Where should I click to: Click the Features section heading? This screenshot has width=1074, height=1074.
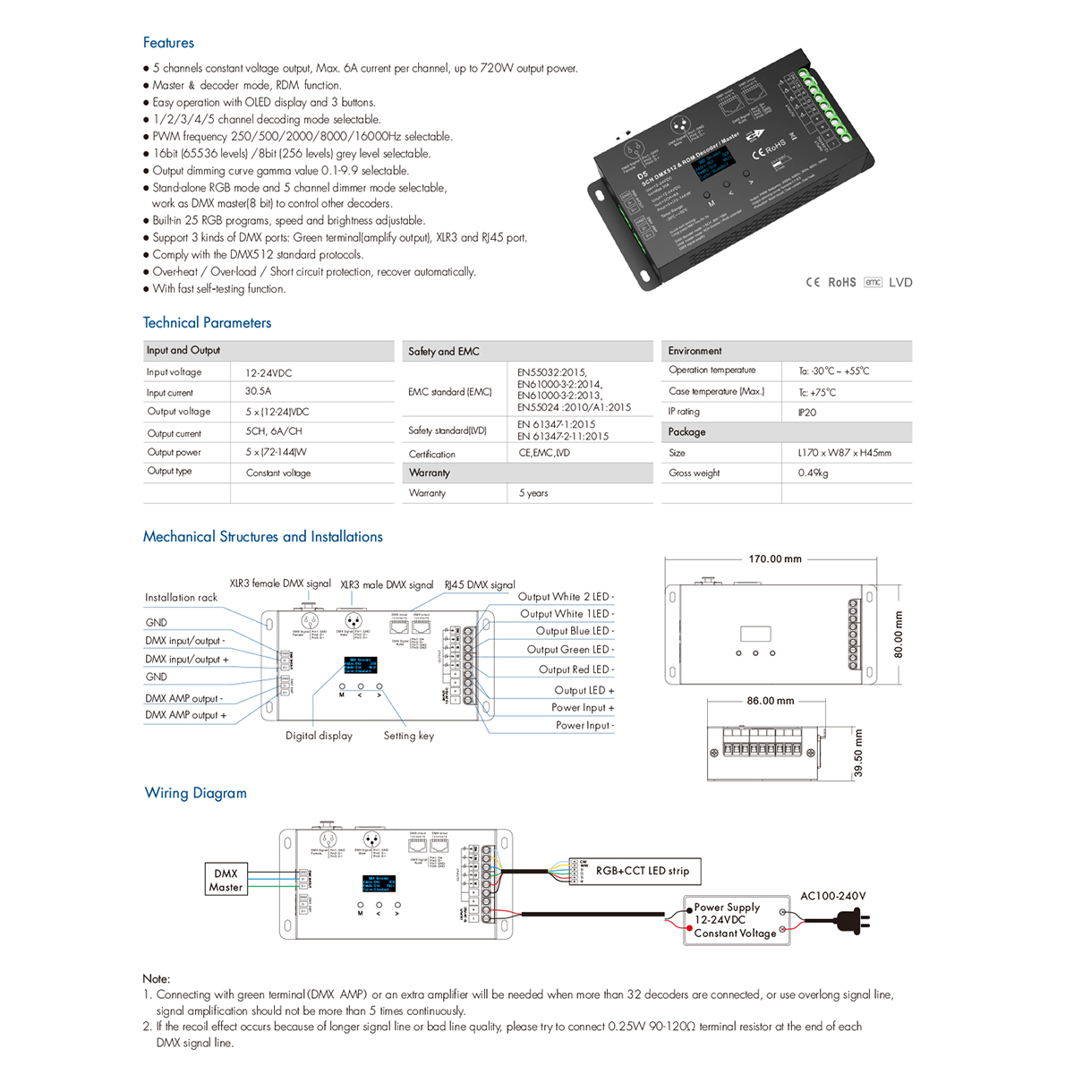[168, 43]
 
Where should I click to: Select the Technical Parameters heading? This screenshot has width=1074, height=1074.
[207, 323]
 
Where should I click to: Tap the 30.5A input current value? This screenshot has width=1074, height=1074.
[258, 391]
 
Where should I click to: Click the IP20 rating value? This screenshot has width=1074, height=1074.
[806, 413]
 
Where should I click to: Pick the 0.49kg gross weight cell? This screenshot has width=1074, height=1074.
[813, 473]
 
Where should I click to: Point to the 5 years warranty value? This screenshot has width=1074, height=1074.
[533, 493]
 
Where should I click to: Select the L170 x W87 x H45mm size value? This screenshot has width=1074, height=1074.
[844, 453]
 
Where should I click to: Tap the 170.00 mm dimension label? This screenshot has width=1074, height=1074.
[775, 559]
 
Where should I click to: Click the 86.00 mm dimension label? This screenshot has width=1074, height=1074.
[771, 701]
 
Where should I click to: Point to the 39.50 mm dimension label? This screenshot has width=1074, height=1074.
[859, 753]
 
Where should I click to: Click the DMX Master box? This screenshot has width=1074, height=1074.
[226, 880]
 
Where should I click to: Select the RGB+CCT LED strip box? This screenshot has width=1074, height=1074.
[643, 871]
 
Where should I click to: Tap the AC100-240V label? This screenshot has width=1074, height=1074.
[832, 896]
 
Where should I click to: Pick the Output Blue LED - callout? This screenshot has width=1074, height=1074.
[575, 631]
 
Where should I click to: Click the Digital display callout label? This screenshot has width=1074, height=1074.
[319, 736]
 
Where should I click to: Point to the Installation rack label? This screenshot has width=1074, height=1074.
[181, 598]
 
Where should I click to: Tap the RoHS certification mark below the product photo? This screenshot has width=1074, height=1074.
[841, 282]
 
